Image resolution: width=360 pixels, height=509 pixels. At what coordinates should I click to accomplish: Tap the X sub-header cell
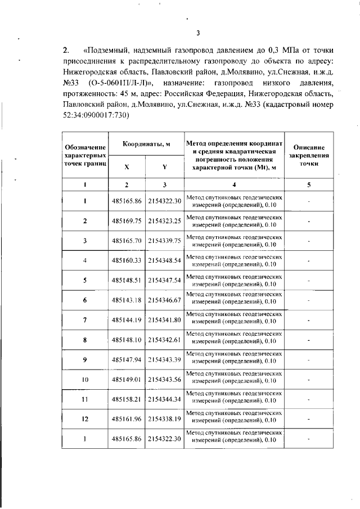pos(127,167)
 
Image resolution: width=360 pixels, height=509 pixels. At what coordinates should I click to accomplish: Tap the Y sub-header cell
pos(164,167)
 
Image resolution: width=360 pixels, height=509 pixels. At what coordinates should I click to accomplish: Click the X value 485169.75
pos(127,221)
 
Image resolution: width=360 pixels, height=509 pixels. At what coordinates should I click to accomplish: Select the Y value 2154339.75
pos(164,241)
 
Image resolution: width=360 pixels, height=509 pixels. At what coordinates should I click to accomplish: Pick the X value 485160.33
pos(127,260)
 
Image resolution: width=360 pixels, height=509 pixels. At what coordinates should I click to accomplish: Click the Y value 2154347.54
pos(164,280)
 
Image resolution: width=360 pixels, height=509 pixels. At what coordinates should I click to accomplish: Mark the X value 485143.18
pos(127,300)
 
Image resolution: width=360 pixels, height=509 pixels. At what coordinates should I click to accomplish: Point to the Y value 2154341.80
pos(164,320)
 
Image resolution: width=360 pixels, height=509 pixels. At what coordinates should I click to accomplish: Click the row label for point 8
pos(84,340)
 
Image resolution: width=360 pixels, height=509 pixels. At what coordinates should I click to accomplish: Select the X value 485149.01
pos(127,380)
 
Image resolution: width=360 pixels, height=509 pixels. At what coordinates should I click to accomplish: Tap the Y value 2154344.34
pos(164,399)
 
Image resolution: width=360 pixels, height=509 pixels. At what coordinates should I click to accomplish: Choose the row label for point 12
pos(84,420)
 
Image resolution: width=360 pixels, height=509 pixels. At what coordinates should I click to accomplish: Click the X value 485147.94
pos(127,360)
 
